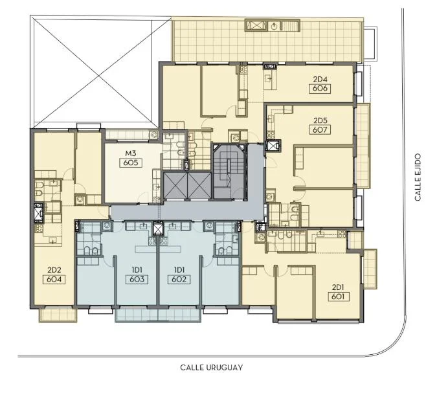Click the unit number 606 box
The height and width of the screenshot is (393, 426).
[320, 89]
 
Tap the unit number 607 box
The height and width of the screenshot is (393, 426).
[320, 129]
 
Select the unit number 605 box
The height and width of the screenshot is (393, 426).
[131, 163]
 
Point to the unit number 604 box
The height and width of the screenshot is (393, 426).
[54, 280]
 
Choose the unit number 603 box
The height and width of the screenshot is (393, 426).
[137, 280]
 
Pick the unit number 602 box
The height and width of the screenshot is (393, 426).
[179, 280]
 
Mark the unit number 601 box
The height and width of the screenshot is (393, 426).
[338, 297]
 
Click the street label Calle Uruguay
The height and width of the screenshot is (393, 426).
[211, 368]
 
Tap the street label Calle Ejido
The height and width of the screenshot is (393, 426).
[418, 177]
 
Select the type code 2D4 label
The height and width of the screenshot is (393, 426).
[320, 80]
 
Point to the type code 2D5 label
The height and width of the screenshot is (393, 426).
[320, 120]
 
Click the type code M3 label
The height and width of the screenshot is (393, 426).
[131, 153]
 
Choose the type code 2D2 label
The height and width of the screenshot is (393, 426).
[54, 270]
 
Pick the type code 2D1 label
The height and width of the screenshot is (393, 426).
[338, 287]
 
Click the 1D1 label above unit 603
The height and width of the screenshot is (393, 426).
[137, 270]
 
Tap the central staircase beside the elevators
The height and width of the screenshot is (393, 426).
[229, 172]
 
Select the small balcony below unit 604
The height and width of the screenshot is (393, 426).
[58, 315]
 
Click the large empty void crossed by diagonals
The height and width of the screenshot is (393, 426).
[93, 72]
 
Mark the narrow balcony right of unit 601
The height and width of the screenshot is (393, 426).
[370, 269]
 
